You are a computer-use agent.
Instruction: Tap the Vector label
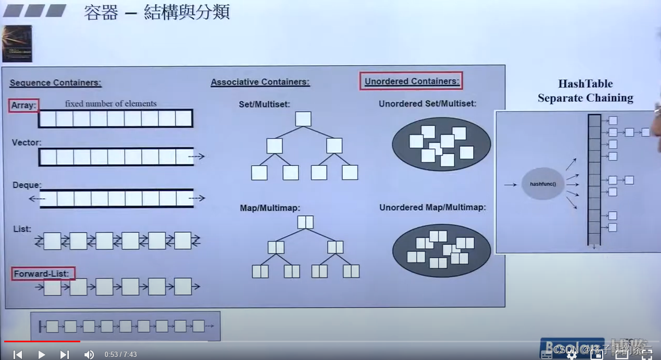(26, 142)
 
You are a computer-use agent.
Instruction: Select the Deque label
(27, 185)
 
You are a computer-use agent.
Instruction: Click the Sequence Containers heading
(55, 82)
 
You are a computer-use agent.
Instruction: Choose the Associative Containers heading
(260, 82)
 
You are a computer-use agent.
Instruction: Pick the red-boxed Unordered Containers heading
(412, 81)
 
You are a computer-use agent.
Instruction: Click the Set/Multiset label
(264, 104)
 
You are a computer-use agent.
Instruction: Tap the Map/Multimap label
(270, 208)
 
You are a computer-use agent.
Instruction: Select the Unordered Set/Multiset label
(427, 103)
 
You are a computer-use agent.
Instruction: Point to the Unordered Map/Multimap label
(432, 207)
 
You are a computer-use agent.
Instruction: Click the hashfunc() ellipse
(543, 184)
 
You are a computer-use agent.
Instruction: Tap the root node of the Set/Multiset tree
(303, 119)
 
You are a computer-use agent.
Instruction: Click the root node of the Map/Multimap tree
(305, 222)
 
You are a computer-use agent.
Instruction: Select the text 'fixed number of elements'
(111, 103)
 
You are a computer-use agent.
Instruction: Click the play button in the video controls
(41, 354)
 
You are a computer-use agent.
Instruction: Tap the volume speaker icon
(89, 354)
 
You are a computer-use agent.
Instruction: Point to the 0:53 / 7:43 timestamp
(121, 354)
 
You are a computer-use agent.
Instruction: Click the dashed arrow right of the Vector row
(197, 156)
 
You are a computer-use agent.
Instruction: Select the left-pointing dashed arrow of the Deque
(35, 198)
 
